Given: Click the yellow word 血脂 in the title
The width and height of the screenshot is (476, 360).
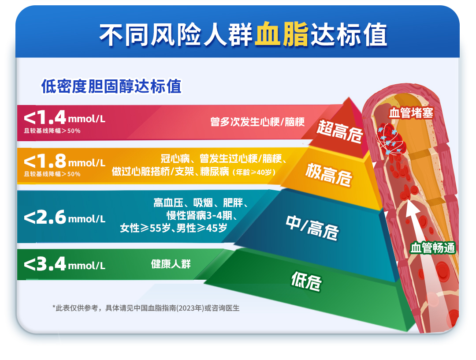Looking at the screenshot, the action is tap(281, 34).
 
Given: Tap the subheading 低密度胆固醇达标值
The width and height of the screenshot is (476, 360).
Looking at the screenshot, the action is tap(111, 86).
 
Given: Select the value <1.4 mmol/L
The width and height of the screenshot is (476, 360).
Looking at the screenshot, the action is tap(64, 117).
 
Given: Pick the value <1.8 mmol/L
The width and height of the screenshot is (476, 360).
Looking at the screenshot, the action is tap(64, 161).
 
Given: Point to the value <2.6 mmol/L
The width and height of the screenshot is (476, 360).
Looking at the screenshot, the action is tap(64, 217).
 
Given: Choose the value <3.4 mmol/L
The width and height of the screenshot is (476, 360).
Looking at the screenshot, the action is tap(64, 264).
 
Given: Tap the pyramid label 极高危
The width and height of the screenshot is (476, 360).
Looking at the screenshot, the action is tap(328, 174).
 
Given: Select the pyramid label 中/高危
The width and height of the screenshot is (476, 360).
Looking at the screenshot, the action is tap(312, 228).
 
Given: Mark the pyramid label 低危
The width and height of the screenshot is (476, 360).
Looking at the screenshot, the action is tap(306, 281).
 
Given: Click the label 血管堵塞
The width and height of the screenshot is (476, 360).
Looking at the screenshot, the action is tap(411, 113).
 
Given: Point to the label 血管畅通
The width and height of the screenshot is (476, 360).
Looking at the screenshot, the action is tap(433, 248).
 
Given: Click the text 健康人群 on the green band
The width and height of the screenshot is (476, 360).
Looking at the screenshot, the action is tap(171, 264).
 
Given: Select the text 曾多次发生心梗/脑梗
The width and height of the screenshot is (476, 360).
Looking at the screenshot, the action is tap(257, 122).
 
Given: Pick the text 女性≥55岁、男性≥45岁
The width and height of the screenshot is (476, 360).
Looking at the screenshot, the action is tap(173, 228).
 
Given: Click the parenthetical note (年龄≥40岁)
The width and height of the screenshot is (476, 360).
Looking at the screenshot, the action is tap(254, 172).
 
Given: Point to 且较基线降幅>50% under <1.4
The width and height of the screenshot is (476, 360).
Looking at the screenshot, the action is tap(52, 131).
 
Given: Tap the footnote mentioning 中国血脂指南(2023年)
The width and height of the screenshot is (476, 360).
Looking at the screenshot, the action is tap(146, 308).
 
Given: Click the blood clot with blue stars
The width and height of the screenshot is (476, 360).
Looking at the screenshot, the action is tap(390, 140).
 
